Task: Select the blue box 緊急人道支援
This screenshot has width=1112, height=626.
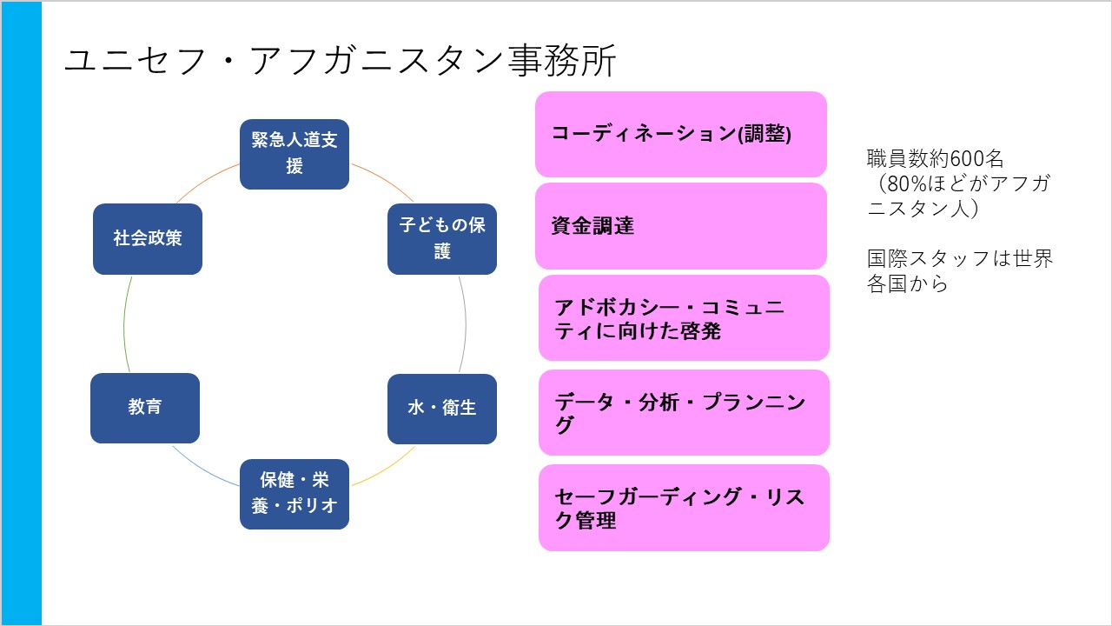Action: coord(295,154)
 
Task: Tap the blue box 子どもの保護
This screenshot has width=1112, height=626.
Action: coord(442,238)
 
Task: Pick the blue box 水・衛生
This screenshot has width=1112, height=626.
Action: coord(442,408)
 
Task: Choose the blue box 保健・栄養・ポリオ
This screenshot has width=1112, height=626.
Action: coord(295,494)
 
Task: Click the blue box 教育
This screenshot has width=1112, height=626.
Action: coord(145,408)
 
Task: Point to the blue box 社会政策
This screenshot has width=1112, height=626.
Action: coord(148,238)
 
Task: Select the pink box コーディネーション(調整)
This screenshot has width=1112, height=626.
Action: coord(680,135)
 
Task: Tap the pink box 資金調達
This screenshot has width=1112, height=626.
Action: coord(680,226)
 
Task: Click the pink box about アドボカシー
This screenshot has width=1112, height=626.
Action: coord(684,318)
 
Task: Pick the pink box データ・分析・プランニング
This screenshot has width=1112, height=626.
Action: coord(684,412)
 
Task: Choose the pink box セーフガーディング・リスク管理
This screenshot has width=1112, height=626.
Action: coord(684,508)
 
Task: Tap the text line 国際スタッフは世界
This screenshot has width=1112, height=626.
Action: coord(960,259)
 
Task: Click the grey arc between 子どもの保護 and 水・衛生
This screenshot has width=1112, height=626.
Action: coord(465,323)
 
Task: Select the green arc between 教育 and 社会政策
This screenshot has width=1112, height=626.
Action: coord(124,323)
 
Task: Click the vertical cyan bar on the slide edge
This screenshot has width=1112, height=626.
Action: coord(21,313)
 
